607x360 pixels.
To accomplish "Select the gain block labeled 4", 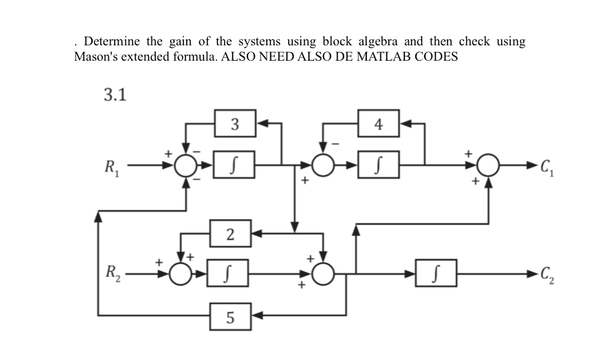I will coord(379,123).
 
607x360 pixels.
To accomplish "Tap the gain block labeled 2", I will coord(230,233).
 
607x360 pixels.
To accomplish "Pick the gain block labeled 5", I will coord(230,313).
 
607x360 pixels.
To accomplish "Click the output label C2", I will coord(547,273).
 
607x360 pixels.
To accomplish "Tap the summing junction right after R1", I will coord(187,163).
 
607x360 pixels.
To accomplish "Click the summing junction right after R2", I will coord(181,273).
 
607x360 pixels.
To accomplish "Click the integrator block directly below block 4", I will coord(379,163).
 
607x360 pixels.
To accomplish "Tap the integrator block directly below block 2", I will coord(230,273).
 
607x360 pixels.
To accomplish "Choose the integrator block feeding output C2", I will coord(436,273).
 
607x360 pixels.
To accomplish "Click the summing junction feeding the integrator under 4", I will coord(324,163).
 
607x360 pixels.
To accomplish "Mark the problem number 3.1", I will coord(115,93).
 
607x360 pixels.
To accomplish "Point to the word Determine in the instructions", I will coord(111,41).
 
